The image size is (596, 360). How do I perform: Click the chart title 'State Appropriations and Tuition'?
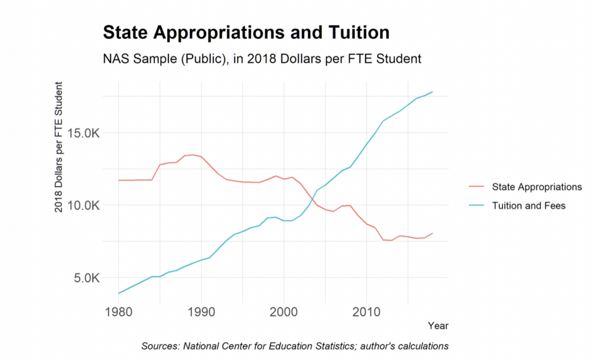[246, 33]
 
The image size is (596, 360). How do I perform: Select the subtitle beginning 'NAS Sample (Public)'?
[261, 59]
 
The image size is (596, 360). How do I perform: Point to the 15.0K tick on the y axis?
[84, 133]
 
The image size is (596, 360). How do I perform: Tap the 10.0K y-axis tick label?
[84, 206]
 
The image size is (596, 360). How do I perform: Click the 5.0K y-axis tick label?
[87, 278]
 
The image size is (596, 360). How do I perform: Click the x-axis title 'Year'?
[438, 326]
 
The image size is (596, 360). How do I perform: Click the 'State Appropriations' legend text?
[537, 187]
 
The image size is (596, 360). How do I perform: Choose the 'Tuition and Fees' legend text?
[528, 206]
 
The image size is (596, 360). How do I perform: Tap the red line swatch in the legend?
[476, 187]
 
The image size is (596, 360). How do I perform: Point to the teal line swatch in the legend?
[476, 206]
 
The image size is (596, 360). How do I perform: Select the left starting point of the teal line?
[119, 293]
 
